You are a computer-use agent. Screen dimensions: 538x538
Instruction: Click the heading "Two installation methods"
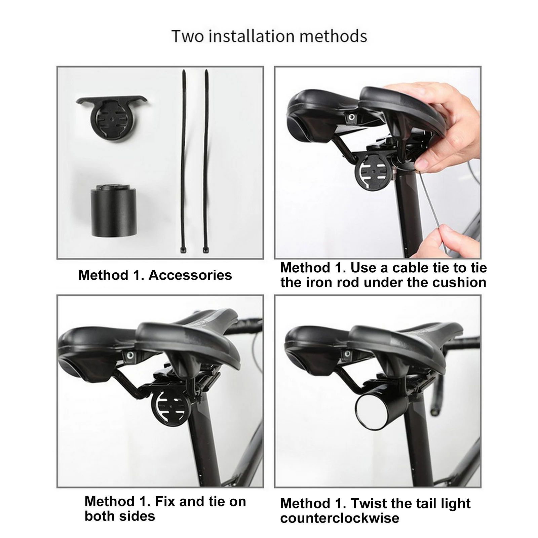click(269, 36)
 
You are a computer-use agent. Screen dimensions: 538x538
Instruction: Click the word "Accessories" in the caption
click(190, 275)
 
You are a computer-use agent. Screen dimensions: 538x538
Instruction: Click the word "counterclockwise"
click(340, 518)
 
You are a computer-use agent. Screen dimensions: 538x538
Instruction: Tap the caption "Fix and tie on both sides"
click(165, 508)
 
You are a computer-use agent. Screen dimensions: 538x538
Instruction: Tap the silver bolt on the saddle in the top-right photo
click(351, 117)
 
